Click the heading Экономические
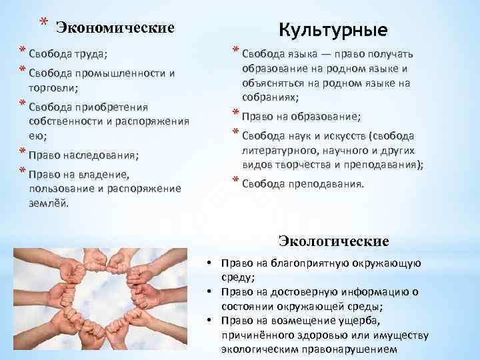pyautogui.click(x=115, y=27)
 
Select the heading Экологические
pyautogui.click(x=333, y=240)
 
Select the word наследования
pyautogui.click(x=103, y=155)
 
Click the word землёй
pyautogui.click(x=49, y=203)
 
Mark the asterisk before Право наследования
pyautogui.click(x=22, y=155)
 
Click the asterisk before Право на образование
pyautogui.click(x=235, y=113)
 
